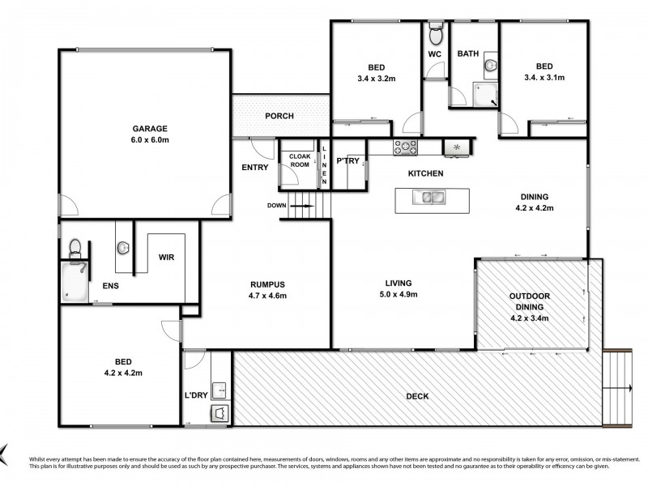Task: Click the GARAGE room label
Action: pos(150,128)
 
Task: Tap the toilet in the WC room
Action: pos(435,35)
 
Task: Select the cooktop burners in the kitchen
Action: pos(405,147)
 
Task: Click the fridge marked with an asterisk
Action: pos(456,147)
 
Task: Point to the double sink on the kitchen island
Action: pos(428,197)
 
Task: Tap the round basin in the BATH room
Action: pos(489,65)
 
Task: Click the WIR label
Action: pos(168,258)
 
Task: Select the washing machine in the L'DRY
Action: pos(219,414)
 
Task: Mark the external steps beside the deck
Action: pos(620,390)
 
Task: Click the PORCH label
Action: pos(279,116)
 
